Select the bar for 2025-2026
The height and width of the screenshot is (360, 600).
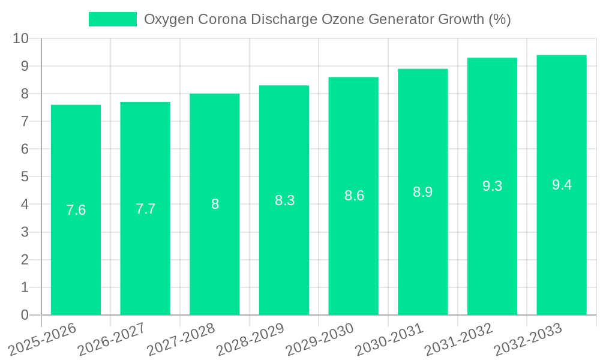click(76, 210)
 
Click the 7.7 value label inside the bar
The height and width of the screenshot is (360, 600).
click(145, 209)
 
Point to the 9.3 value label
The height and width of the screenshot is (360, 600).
click(492, 186)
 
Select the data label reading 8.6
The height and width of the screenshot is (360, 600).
click(354, 196)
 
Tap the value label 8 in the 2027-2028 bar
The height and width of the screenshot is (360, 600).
click(215, 204)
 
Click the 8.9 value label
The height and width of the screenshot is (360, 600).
click(422, 192)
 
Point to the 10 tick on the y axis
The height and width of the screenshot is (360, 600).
click(21, 38)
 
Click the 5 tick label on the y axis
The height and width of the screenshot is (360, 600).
click(25, 177)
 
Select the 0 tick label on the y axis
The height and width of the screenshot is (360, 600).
click(25, 315)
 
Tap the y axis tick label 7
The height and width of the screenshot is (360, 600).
click(25, 122)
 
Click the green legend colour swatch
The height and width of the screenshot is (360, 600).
click(113, 19)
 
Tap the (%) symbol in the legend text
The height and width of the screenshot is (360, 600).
click(499, 19)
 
